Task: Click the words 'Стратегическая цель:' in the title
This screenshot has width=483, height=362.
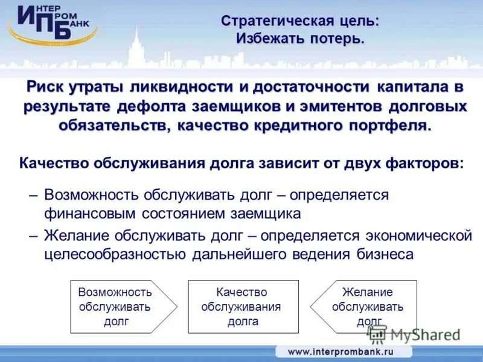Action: click(x=300, y=21)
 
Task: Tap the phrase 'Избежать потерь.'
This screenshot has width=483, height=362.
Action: click(x=300, y=39)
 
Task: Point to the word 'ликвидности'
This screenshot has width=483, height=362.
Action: click(x=187, y=87)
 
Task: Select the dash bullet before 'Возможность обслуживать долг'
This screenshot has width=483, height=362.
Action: click(x=34, y=195)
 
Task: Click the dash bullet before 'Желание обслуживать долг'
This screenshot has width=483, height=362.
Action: click(x=34, y=235)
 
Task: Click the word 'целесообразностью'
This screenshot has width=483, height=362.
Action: click(x=115, y=254)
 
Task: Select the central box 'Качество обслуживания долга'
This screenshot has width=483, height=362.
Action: click(x=243, y=306)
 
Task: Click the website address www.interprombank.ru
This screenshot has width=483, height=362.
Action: click(x=341, y=351)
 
